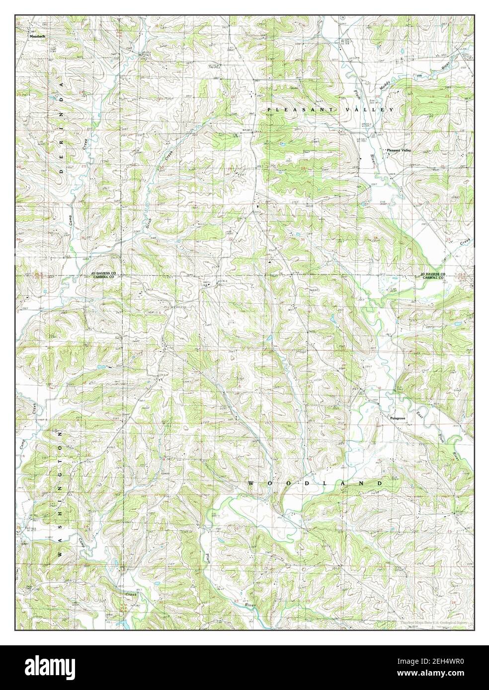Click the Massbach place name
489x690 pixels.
pyautogui.click(x=37, y=36)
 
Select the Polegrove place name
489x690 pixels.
pyautogui.click(x=399, y=418)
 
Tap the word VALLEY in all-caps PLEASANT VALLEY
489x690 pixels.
pyautogui.click(x=368, y=109)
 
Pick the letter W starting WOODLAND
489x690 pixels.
pyautogui.click(x=250, y=483)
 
